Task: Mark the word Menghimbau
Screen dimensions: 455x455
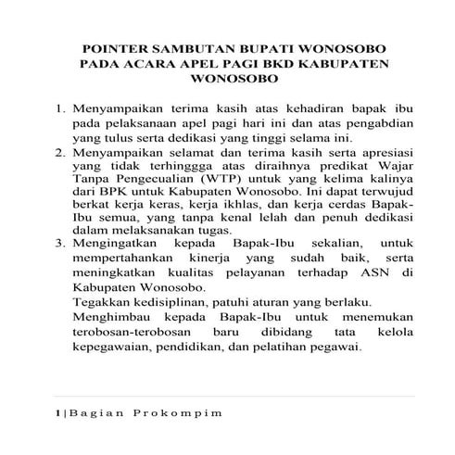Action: (x=110, y=318)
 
